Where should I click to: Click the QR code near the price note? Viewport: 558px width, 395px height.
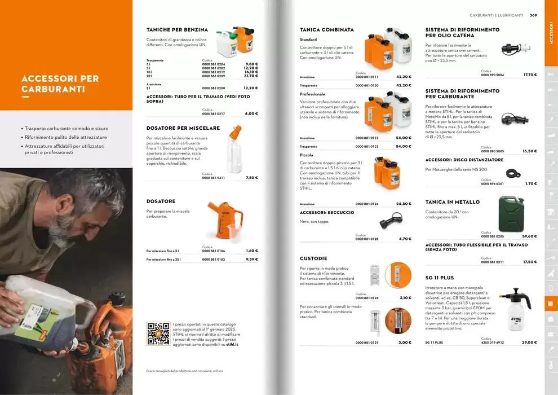(158, 333)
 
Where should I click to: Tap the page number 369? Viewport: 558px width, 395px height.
(533, 15)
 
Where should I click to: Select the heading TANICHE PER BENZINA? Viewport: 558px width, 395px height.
(177, 29)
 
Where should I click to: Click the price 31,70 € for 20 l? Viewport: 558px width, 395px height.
(251, 76)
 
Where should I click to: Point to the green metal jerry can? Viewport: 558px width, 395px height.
(511, 214)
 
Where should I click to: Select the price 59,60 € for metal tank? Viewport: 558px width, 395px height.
(529, 236)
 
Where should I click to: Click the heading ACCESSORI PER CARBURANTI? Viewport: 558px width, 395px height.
(60, 84)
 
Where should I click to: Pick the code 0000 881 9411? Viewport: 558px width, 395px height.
(213, 178)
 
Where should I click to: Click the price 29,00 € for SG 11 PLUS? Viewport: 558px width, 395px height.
(529, 343)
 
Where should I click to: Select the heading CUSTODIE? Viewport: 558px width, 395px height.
(313, 258)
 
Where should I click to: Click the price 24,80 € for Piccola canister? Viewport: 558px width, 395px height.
(404, 204)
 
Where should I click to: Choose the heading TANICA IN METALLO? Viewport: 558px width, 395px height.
(453, 202)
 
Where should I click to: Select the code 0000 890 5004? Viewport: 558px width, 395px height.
(492, 74)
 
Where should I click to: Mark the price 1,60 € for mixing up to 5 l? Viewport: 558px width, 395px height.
(252, 251)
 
